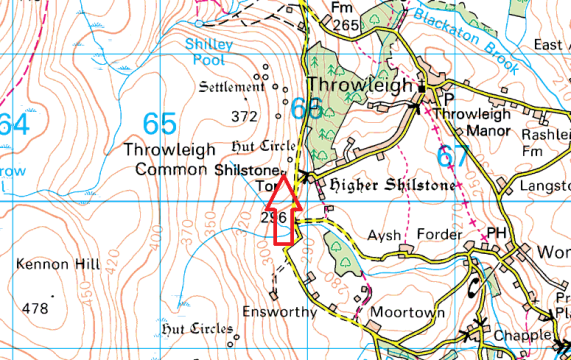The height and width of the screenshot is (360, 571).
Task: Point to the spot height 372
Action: click(x=245, y=117)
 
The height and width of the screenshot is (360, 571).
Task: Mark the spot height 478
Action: click(x=35, y=308)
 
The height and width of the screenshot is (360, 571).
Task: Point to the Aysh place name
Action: click(x=384, y=235)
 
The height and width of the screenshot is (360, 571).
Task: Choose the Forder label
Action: click(x=441, y=235)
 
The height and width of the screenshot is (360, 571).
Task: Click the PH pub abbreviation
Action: click(x=498, y=234)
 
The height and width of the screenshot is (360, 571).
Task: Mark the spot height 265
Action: click(x=346, y=24)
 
